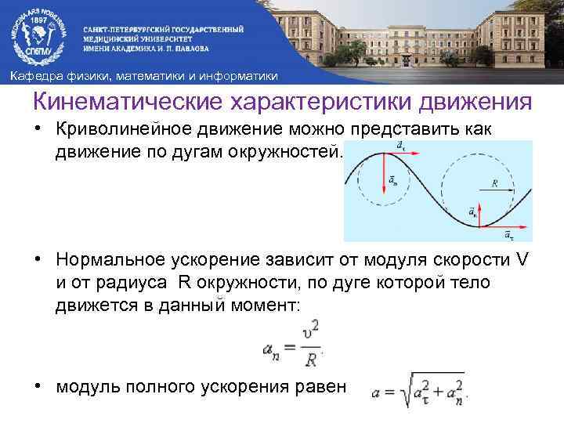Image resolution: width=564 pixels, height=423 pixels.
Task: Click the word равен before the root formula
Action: click(317, 389)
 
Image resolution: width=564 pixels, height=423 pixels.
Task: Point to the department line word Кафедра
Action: click(31, 76)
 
